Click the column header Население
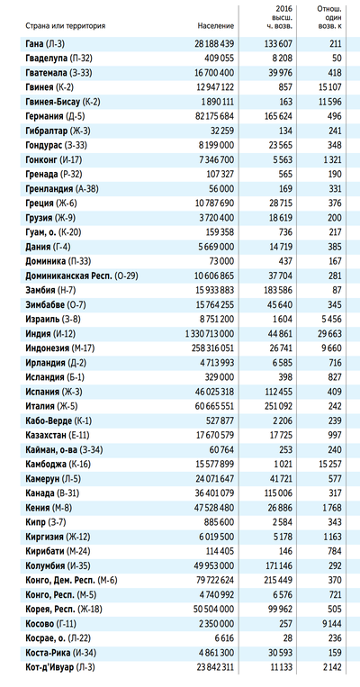pos(215,26)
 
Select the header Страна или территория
pos(66,26)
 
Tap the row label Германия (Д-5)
pos(56,116)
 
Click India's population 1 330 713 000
pos(210,334)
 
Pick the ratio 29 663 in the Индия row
pos(329,334)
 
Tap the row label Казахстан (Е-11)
pos(58,435)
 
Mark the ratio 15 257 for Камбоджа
pos(329,464)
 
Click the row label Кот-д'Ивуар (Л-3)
pos(60,667)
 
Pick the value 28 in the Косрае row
pos(287,638)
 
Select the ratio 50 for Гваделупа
pos(337,58)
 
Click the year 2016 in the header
pos(284,9)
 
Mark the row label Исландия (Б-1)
pos(53,377)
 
